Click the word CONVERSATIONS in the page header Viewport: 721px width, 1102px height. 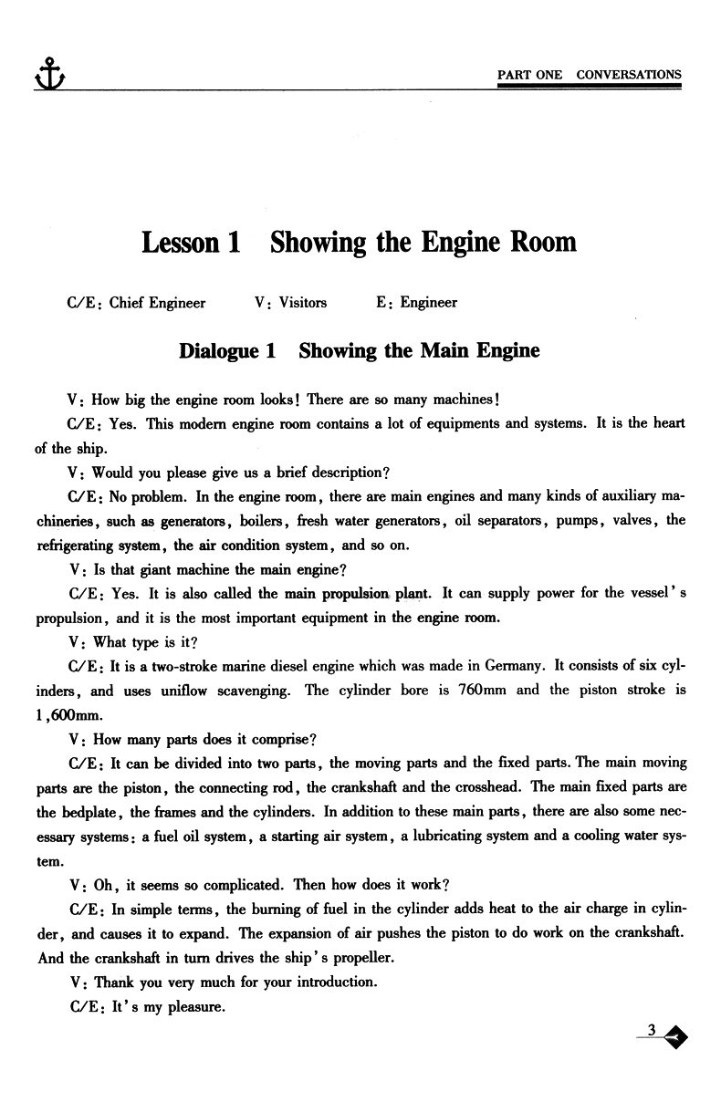tap(629, 75)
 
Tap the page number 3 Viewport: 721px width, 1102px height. tap(652, 1031)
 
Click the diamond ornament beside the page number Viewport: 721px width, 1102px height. tap(676, 1036)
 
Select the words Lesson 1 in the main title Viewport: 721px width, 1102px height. tap(191, 243)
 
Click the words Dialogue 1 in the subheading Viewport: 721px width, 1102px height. tap(227, 351)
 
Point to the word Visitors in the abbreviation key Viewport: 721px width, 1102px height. tap(303, 303)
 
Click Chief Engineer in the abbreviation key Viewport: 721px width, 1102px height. tap(157, 303)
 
